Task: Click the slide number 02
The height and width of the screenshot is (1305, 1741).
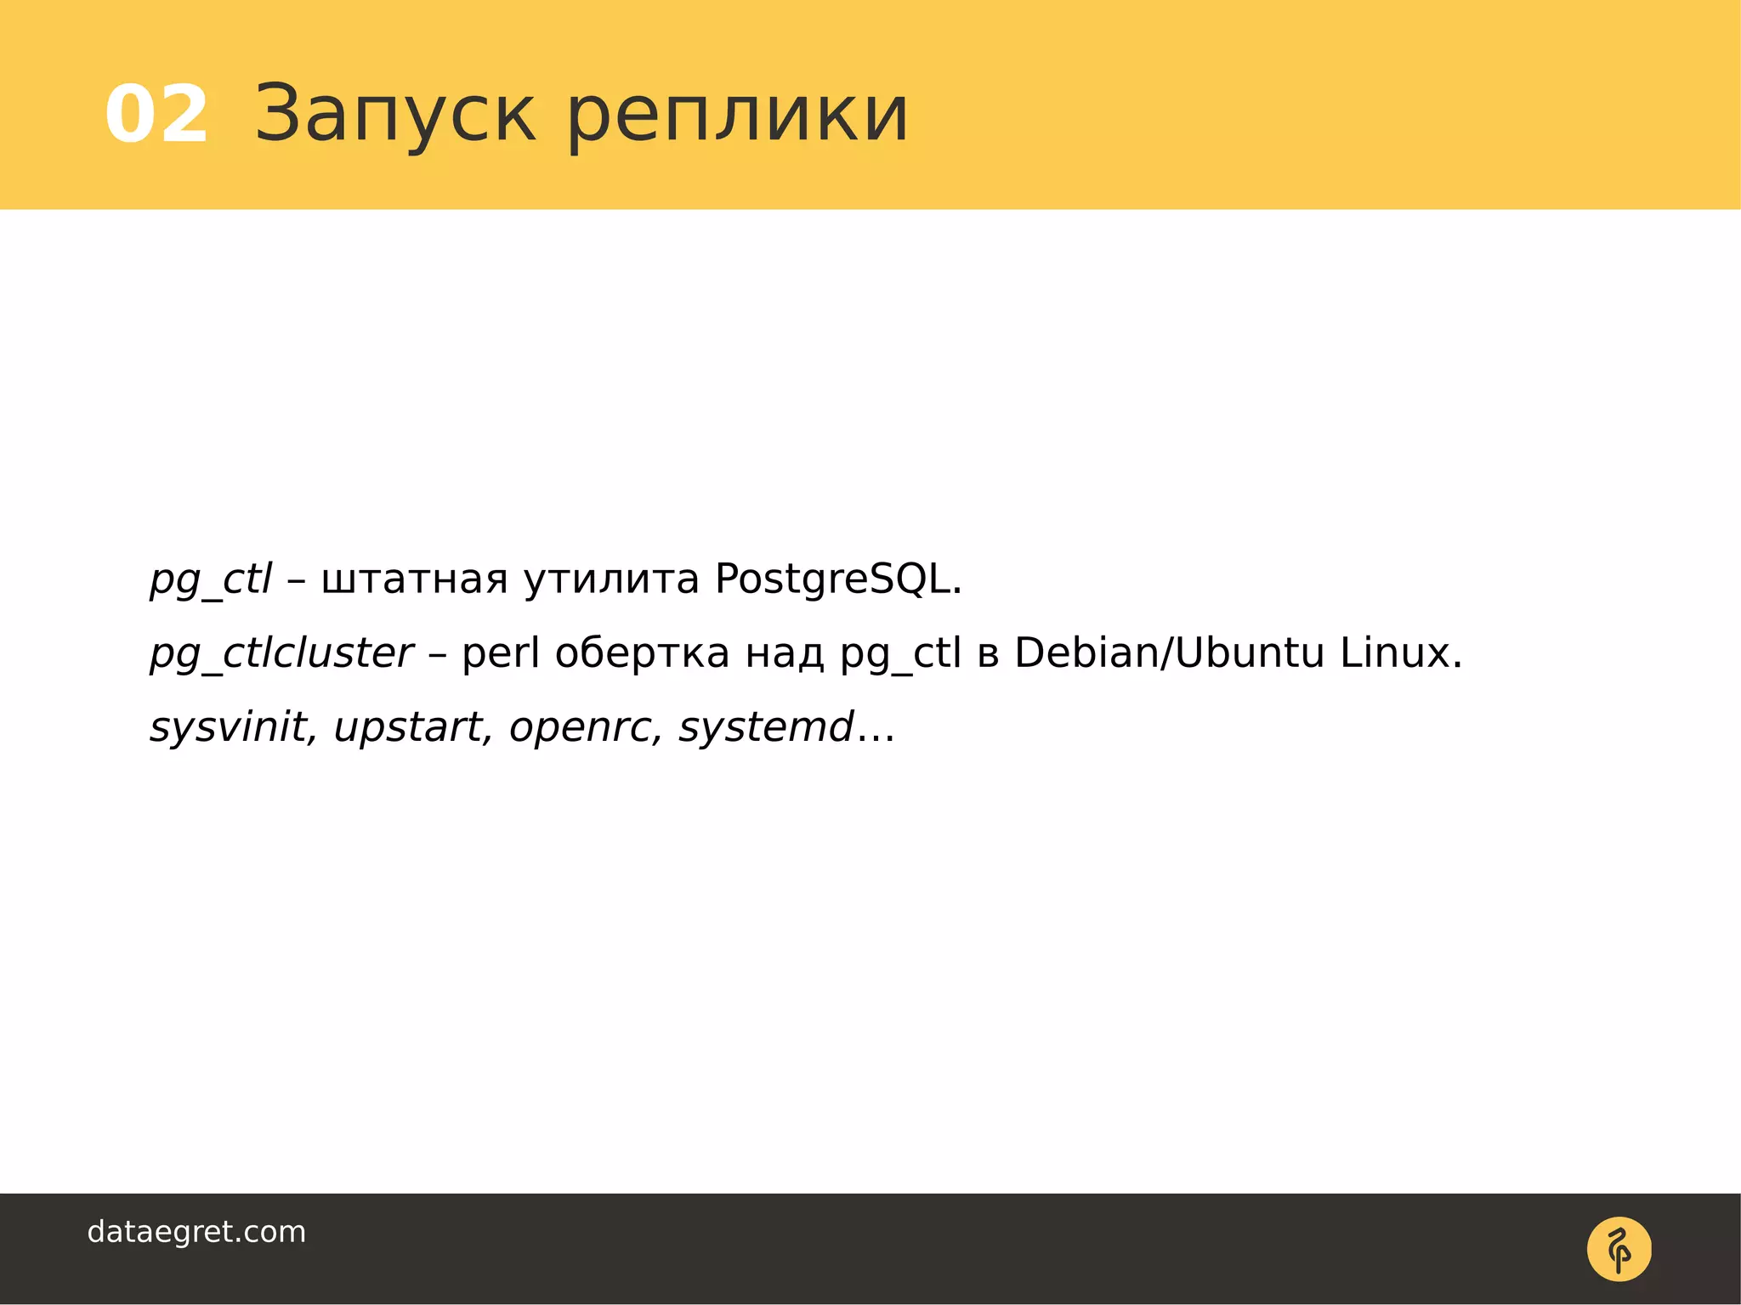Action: click(156, 115)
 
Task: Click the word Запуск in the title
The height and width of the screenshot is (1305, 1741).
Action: click(395, 115)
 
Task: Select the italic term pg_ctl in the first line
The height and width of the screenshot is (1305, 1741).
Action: click(211, 580)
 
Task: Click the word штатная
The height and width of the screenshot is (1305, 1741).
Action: click(414, 580)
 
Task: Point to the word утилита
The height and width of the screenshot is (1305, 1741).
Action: click(611, 580)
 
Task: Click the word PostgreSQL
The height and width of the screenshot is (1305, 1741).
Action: click(837, 580)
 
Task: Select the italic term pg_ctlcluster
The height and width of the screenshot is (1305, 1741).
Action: click(281, 654)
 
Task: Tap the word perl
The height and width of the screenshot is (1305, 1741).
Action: click(501, 654)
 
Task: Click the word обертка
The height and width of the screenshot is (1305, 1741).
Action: click(642, 654)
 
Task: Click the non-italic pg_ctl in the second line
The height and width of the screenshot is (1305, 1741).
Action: click(900, 654)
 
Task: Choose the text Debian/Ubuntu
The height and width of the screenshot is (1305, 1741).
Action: click(1169, 654)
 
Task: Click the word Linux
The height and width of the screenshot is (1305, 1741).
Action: click(1400, 654)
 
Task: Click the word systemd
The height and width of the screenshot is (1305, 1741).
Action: click(766, 727)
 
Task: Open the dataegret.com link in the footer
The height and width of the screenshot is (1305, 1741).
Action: click(196, 1232)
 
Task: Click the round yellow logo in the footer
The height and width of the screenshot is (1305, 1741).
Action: click(1619, 1249)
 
